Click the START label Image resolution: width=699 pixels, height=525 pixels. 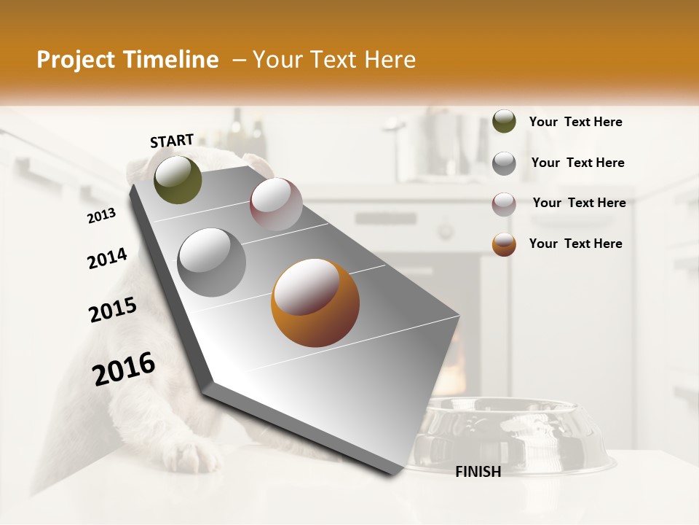[x=172, y=141]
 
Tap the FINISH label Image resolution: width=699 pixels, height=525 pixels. [x=478, y=472]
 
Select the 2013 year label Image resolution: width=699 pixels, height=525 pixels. [x=101, y=216]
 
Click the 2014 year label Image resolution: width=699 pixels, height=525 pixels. [x=107, y=259]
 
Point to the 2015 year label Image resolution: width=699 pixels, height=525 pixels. [x=113, y=310]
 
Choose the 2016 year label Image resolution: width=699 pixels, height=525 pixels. [x=124, y=369]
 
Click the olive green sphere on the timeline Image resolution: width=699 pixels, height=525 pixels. [x=178, y=180]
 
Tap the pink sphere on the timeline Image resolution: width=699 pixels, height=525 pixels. [x=276, y=204]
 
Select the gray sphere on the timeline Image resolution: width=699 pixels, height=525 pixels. [x=212, y=262]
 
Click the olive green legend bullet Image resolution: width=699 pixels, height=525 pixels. [x=504, y=122]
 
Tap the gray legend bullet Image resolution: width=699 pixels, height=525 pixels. [x=504, y=163]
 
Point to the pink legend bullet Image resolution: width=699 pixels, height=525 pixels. [x=504, y=203]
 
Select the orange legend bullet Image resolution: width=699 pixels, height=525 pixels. [x=504, y=244]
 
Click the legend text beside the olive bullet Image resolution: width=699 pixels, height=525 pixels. [x=575, y=122]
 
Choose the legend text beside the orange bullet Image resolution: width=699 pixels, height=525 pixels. [x=575, y=244]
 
